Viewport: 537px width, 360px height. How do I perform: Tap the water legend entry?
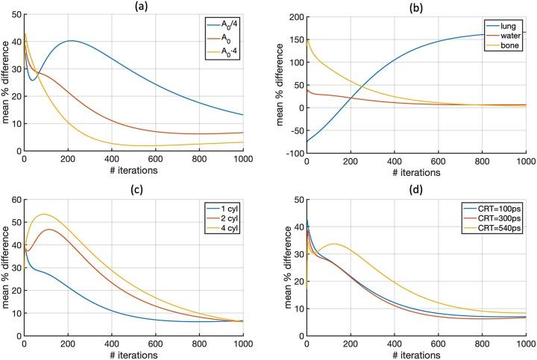coord(510,36)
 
